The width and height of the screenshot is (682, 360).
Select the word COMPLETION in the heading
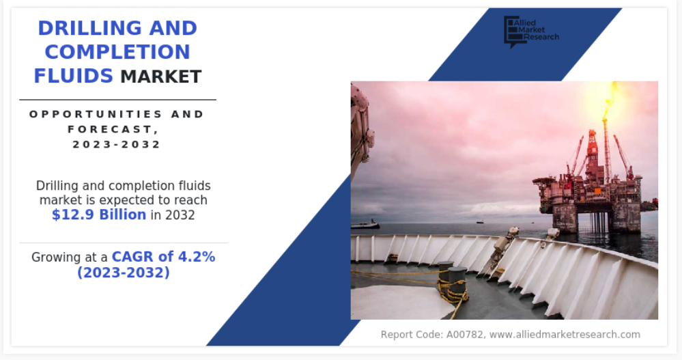tap(117, 52)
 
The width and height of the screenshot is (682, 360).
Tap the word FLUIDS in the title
tap(73, 77)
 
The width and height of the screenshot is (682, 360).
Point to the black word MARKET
tap(161, 77)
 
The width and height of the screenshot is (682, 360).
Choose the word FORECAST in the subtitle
tap(111, 129)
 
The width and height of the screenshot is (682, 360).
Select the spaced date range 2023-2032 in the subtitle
tap(117, 145)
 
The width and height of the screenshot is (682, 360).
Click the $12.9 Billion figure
tap(99, 214)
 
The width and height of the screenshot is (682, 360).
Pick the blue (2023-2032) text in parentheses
tap(124, 273)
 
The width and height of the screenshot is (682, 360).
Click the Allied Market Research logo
tap(531, 31)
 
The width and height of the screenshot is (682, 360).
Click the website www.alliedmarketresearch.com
tap(565, 335)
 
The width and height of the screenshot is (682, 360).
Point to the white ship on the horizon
tap(365, 225)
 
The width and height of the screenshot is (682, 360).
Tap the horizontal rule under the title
tap(118, 100)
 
